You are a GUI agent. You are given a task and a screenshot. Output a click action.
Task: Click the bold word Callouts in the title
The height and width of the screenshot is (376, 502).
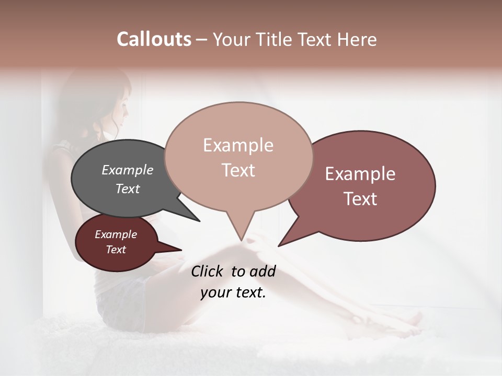point(154,39)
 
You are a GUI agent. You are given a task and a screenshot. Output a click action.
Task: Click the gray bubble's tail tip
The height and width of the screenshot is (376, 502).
point(199,221)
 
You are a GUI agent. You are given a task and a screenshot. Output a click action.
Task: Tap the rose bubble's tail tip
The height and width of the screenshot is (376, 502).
point(279,245)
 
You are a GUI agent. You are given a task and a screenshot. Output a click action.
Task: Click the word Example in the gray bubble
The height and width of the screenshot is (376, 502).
point(127,170)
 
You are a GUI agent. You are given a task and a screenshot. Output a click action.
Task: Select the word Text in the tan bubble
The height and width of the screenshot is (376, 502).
point(238,170)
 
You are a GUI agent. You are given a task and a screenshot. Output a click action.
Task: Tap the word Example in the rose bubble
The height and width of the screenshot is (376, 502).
point(360,174)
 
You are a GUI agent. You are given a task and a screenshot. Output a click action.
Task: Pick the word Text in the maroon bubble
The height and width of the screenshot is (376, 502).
point(116,250)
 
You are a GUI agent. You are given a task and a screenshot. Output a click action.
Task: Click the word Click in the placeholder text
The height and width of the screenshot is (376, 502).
point(208,271)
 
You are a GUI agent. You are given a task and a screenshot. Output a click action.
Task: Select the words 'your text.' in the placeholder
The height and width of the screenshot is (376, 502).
point(233,292)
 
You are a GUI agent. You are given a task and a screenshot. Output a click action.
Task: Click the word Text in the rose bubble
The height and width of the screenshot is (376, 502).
point(360,199)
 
